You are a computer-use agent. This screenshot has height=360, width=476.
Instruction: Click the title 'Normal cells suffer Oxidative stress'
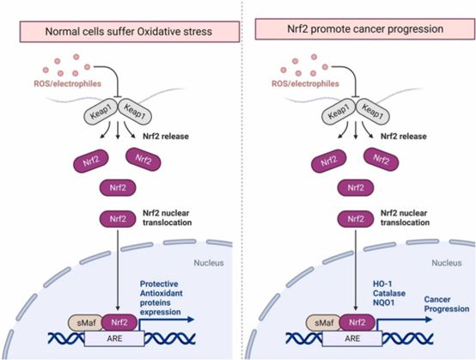(129, 32)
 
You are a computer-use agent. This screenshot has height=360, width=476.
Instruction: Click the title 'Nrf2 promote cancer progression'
(365, 29)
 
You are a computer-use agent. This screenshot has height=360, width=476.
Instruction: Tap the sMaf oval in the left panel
(85, 323)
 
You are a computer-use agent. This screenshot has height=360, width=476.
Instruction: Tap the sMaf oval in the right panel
(323, 323)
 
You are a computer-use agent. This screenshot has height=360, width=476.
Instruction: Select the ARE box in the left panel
(114, 339)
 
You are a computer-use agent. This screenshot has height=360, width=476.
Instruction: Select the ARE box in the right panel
(352, 339)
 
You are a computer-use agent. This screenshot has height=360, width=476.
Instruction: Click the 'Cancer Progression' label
(447, 304)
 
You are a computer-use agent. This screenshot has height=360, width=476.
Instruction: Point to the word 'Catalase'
(389, 293)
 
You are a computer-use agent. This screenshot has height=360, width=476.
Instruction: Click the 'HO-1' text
(382, 284)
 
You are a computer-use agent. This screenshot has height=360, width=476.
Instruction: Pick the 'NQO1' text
(384, 302)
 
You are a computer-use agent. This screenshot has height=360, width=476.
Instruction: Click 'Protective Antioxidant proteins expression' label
(162, 298)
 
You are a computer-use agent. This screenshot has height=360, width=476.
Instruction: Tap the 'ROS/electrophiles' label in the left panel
(67, 83)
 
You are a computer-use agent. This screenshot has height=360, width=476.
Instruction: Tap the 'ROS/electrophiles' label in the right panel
(305, 83)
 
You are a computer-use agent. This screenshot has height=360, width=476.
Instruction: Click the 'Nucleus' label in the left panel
(209, 263)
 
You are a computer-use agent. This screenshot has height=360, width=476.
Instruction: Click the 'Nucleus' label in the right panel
(447, 263)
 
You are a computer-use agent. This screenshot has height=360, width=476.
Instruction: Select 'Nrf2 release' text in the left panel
(166, 137)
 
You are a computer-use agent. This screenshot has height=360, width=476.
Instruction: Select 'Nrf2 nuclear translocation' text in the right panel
(405, 218)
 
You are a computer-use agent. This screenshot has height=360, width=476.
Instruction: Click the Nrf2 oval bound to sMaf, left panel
(119, 322)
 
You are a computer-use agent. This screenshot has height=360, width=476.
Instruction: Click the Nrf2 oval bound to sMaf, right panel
(357, 322)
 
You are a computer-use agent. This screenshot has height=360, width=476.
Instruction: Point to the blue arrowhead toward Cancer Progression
(429, 320)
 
